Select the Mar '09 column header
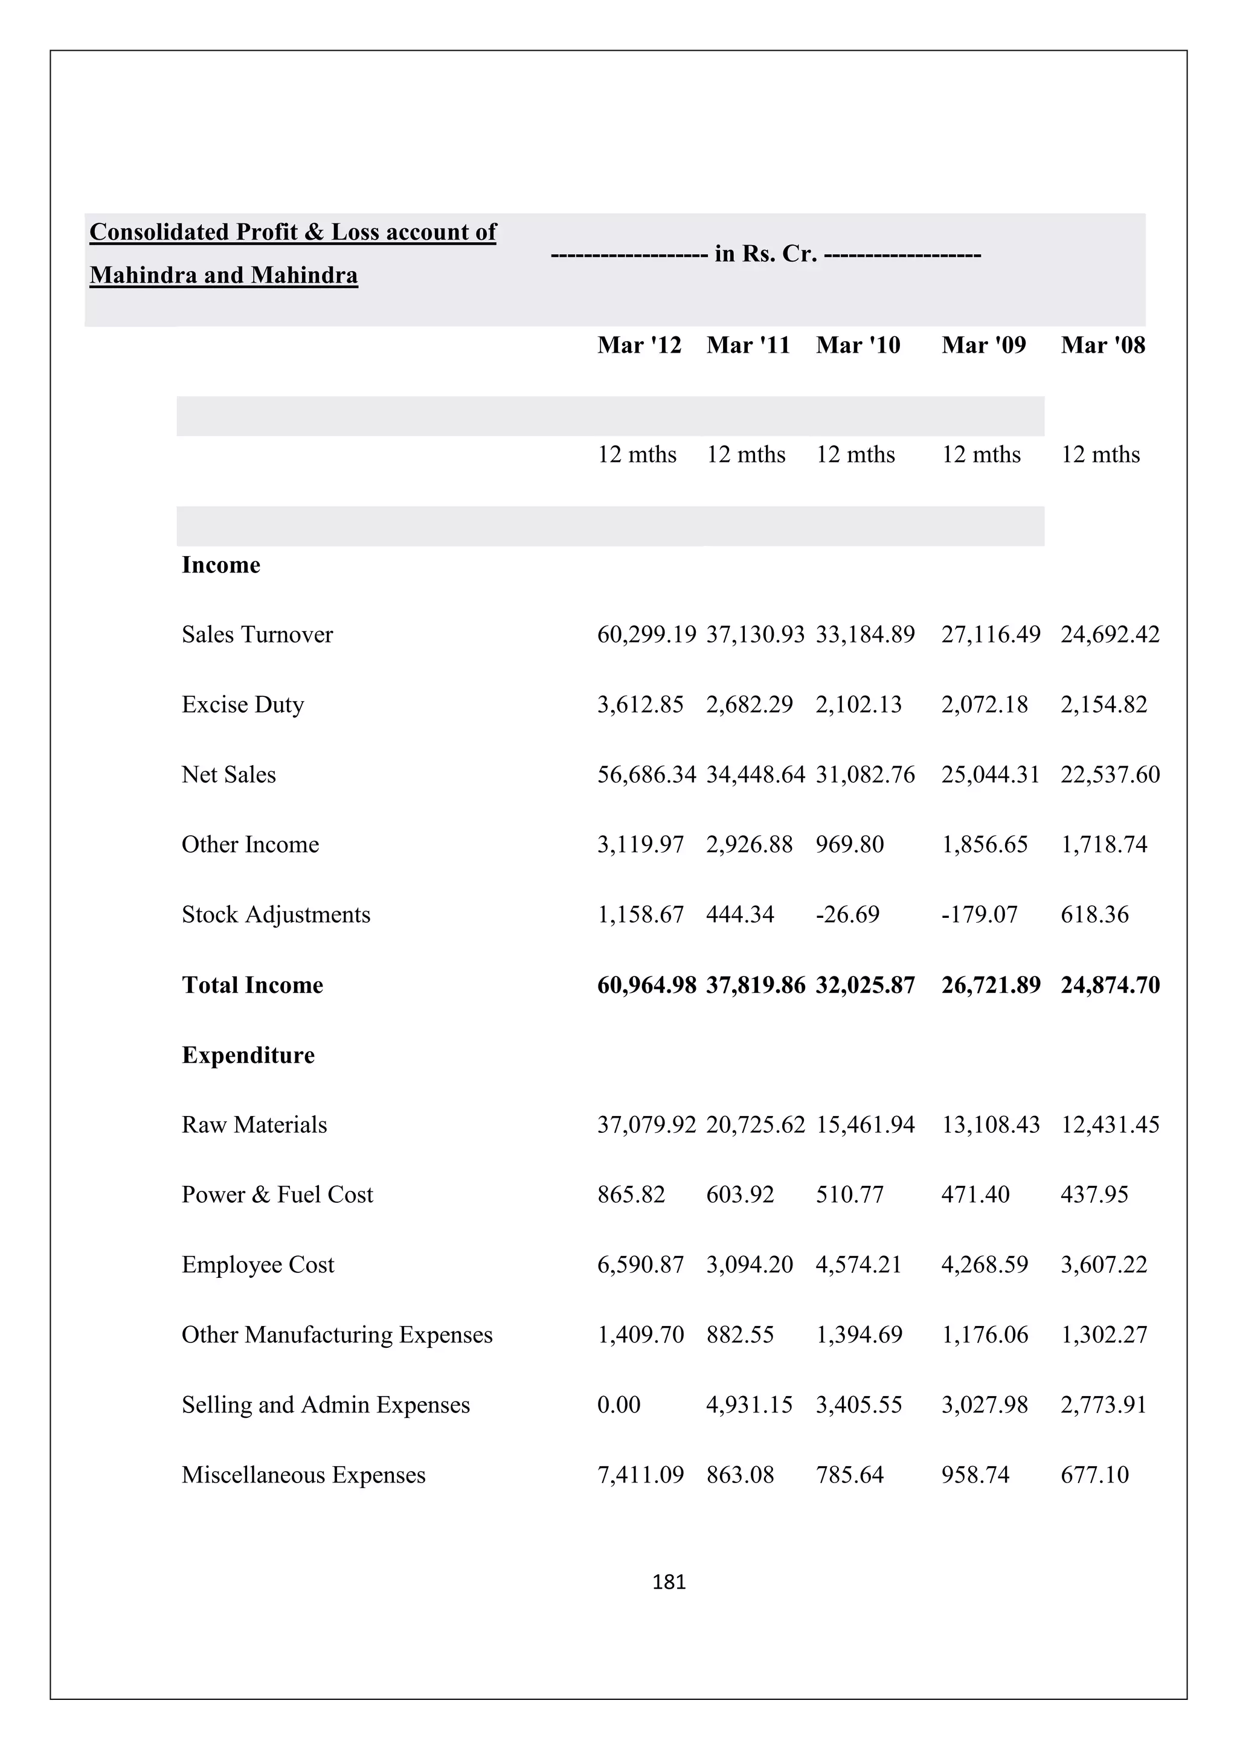pyautogui.click(x=983, y=345)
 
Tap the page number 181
pyautogui.click(x=669, y=1582)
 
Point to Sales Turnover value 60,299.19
pyautogui.click(x=646, y=634)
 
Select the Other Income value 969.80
pyautogui.click(x=849, y=845)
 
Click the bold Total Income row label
pyautogui.click(x=252, y=985)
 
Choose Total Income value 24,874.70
pyautogui.click(x=1110, y=985)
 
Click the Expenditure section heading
pyautogui.click(x=248, y=1055)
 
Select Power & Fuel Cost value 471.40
pyautogui.click(x=975, y=1194)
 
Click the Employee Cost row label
pyautogui.click(x=258, y=1264)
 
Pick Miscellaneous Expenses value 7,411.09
pyautogui.click(x=640, y=1474)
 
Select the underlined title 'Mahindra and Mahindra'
pyautogui.click(x=223, y=275)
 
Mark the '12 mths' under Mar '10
pyautogui.click(x=855, y=455)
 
